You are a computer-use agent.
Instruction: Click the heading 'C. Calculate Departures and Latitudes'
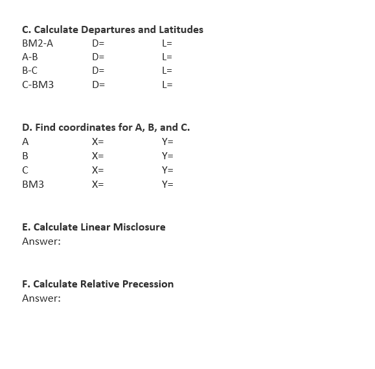(112, 30)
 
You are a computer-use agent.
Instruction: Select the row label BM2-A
(38, 43)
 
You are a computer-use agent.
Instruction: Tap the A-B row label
(30, 57)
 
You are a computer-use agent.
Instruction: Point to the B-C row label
(30, 71)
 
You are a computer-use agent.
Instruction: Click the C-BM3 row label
(38, 84)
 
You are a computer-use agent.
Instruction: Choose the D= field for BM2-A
(98, 43)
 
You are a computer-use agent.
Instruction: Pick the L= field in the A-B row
(166, 57)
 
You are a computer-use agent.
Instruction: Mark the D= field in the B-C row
(98, 71)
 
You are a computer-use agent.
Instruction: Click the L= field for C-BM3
(166, 84)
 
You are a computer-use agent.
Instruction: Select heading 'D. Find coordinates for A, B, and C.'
(106, 128)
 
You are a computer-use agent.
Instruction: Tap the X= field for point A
(98, 142)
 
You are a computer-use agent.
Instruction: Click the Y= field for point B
(167, 155)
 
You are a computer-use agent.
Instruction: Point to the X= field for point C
(98, 170)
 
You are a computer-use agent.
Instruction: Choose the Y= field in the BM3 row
(167, 184)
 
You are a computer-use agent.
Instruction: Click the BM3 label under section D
(33, 184)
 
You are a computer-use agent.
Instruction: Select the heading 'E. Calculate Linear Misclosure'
(93, 227)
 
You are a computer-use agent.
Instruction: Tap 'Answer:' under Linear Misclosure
(41, 241)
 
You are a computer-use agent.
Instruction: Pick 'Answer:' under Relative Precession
(41, 298)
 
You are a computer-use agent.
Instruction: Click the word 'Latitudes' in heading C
(181, 30)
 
